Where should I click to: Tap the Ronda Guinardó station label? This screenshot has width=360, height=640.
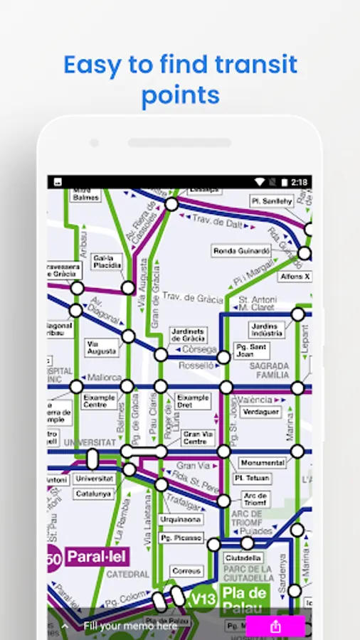click(x=242, y=251)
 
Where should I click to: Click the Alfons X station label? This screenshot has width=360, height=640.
click(x=295, y=276)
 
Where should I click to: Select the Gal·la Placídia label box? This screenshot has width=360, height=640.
click(x=107, y=262)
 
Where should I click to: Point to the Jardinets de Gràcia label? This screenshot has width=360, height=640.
click(x=188, y=335)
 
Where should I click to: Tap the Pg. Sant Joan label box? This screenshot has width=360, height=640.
click(x=252, y=351)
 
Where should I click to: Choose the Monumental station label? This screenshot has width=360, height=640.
click(x=262, y=462)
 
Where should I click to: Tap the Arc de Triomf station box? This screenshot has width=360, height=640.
click(x=254, y=498)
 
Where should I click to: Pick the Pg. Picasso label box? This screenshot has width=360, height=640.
click(x=181, y=538)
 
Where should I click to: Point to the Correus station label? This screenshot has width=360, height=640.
click(x=187, y=570)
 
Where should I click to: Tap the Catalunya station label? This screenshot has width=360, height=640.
click(x=94, y=493)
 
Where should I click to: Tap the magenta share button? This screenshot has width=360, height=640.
click(x=275, y=626)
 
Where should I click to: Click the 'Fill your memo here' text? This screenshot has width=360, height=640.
click(x=130, y=626)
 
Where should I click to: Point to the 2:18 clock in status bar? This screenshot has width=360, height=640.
click(x=299, y=182)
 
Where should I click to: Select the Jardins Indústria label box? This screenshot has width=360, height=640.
click(x=267, y=330)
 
